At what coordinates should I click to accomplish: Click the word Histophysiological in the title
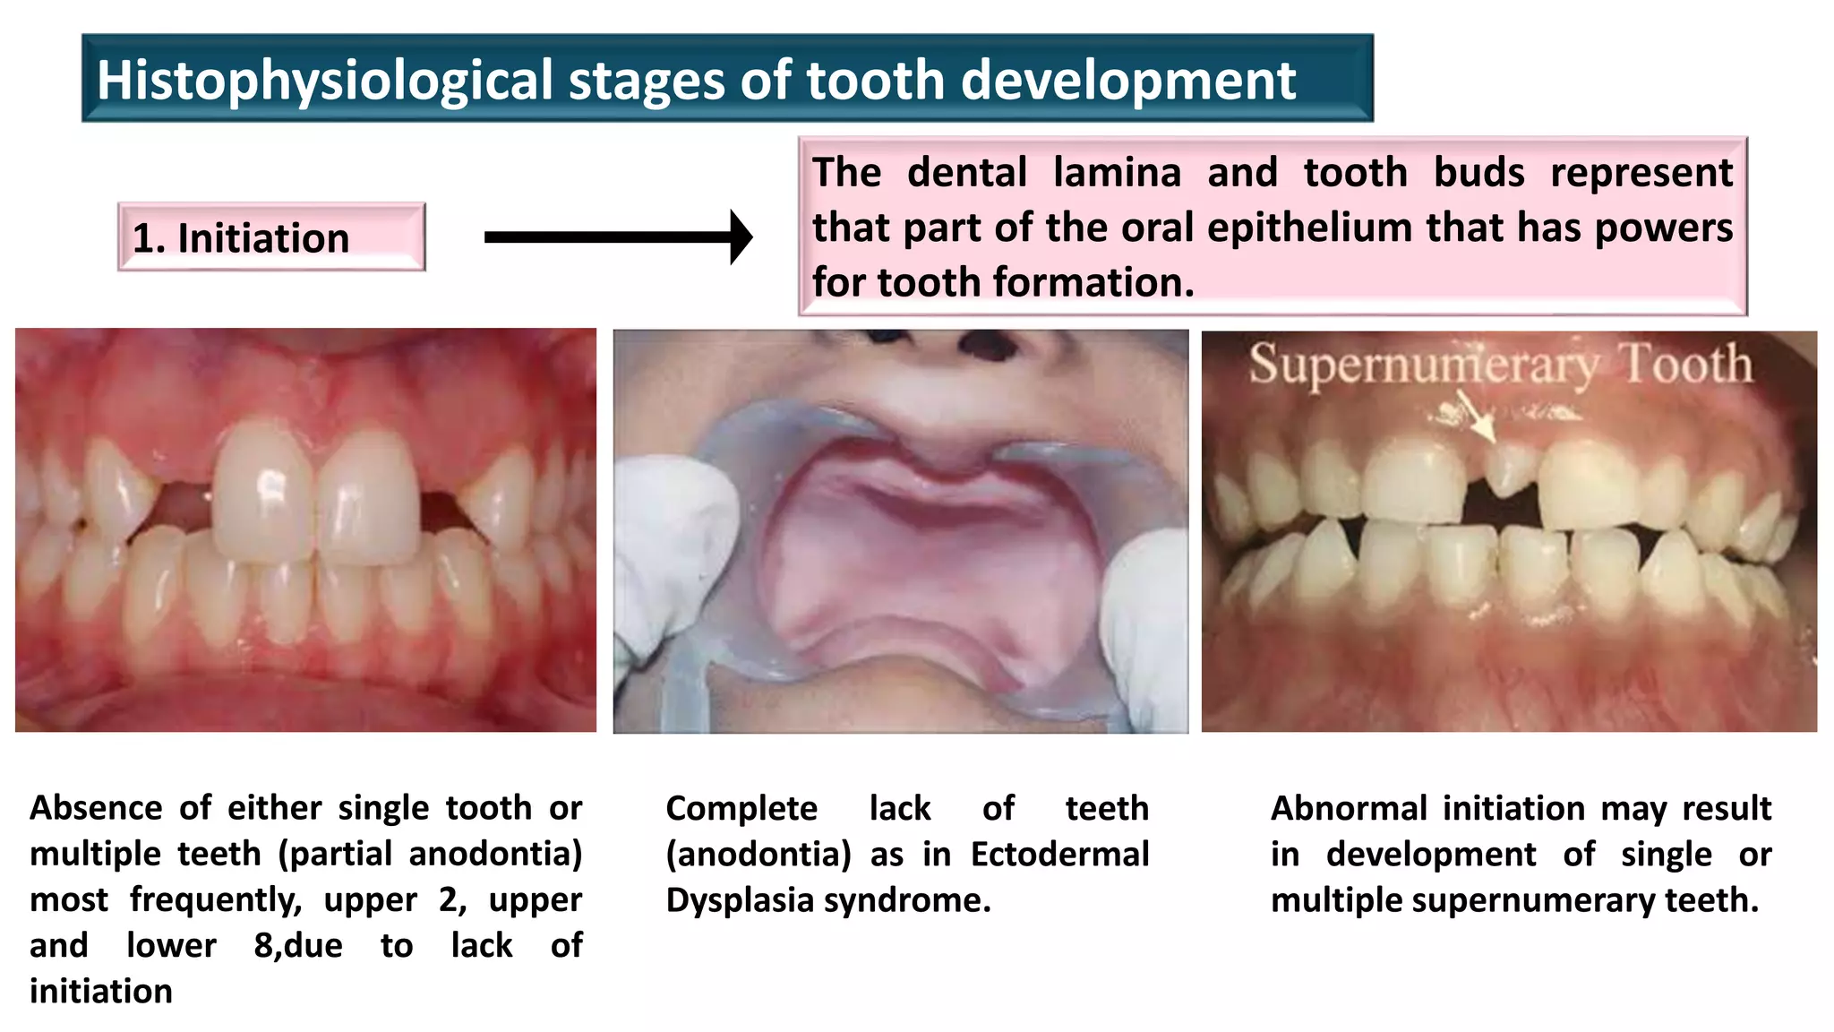[x=325, y=81]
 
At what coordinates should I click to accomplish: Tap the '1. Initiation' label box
[x=271, y=237]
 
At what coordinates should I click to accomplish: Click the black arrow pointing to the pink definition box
[x=618, y=237]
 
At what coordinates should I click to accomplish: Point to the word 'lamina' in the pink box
[x=1117, y=172]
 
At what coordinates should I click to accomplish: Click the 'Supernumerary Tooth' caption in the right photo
[x=1500, y=365]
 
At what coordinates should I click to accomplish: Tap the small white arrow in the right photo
[x=1478, y=419]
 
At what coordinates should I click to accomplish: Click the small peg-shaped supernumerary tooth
[x=1510, y=469]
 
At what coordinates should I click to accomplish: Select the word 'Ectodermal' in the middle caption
[x=1059, y=854]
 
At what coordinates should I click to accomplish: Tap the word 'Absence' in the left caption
[x=96, y=808]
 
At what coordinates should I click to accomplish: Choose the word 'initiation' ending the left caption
[x=101, y=991]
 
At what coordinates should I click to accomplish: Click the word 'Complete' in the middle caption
[x=741, y=808]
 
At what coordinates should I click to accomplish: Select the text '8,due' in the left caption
[x=297, y=945]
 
